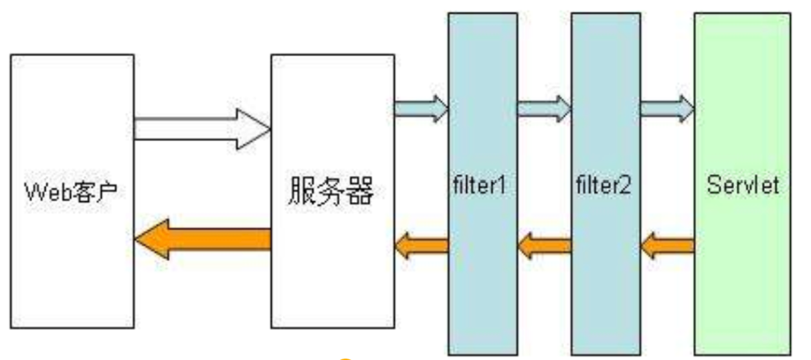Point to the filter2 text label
[x=604, y=185]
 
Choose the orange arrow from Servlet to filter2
[x=666, y=246]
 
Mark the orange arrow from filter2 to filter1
[x=543, y=246]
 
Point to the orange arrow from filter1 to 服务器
[x=421, y=246]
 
